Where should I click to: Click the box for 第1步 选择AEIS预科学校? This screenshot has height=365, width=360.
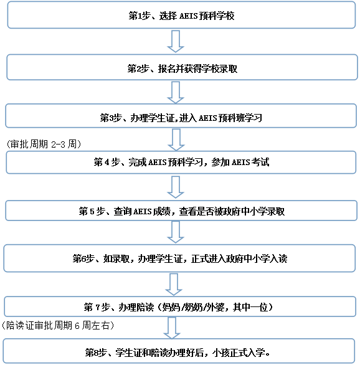(x=181, y=16)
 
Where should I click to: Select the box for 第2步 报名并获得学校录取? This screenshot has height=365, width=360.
(x=181, y=67)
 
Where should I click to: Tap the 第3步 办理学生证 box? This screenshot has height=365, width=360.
(x=181, y=116)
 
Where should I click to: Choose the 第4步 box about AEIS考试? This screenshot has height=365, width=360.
(x=181, y=162)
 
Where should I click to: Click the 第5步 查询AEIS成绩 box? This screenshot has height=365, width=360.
(x=181, y=211)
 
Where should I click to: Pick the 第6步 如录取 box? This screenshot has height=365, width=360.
(x=181, y=257)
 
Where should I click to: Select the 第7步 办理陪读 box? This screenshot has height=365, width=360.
(x=181, y=306)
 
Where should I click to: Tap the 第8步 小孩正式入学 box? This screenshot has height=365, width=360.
(x=181, y=353)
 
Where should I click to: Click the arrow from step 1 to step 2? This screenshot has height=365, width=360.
(x=176, y=41)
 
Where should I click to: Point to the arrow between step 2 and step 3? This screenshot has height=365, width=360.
(x=176, y=92)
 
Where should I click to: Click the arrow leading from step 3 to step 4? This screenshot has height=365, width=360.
(x=176, y=140)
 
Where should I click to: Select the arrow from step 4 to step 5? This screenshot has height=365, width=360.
(x=176, y=186)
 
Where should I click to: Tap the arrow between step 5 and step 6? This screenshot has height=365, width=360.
(x=176, y=233)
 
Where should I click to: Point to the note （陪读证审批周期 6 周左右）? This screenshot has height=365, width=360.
(x=60, y=325)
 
